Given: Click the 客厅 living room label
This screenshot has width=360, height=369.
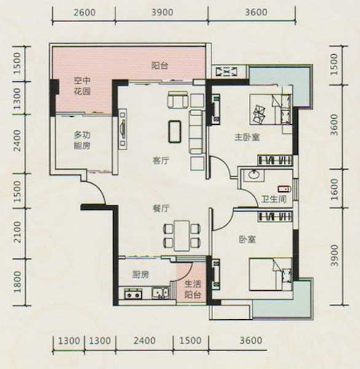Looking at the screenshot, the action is coord(161,161).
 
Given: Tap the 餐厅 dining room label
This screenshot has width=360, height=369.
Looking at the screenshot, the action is coord(161,208).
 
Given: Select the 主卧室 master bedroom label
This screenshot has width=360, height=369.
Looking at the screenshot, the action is coord(247,137).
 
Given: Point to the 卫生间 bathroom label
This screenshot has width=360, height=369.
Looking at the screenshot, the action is coord(274,199).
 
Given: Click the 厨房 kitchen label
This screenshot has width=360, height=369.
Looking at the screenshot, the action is coord(141,275).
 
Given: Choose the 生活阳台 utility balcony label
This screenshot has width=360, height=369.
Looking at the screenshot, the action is coord(192,290).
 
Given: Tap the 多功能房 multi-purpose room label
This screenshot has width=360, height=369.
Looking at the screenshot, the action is coord(82,141).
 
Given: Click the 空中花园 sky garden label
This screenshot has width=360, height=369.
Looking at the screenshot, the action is coord(82,86).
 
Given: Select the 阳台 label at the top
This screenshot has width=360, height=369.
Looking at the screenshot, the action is coord(160,65).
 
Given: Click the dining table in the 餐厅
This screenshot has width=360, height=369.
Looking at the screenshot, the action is coord(182,236).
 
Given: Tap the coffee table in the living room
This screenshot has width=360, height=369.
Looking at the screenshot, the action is coord(174,132).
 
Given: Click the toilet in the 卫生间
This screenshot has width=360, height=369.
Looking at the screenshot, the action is coord(284,189).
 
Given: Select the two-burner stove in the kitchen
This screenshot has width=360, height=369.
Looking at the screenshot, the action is coord(133,294).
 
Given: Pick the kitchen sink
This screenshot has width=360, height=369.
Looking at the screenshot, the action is coord(160,293).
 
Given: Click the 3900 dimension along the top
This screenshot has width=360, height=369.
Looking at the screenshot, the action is coord(162,12).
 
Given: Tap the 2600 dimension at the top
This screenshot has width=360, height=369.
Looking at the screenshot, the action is coord(84,12).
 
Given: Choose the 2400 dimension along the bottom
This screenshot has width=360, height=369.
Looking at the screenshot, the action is coord(144,341).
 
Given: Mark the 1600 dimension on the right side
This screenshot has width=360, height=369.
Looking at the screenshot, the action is coord(334,189).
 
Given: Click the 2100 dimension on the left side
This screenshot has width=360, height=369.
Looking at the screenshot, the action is coord(18,232).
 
